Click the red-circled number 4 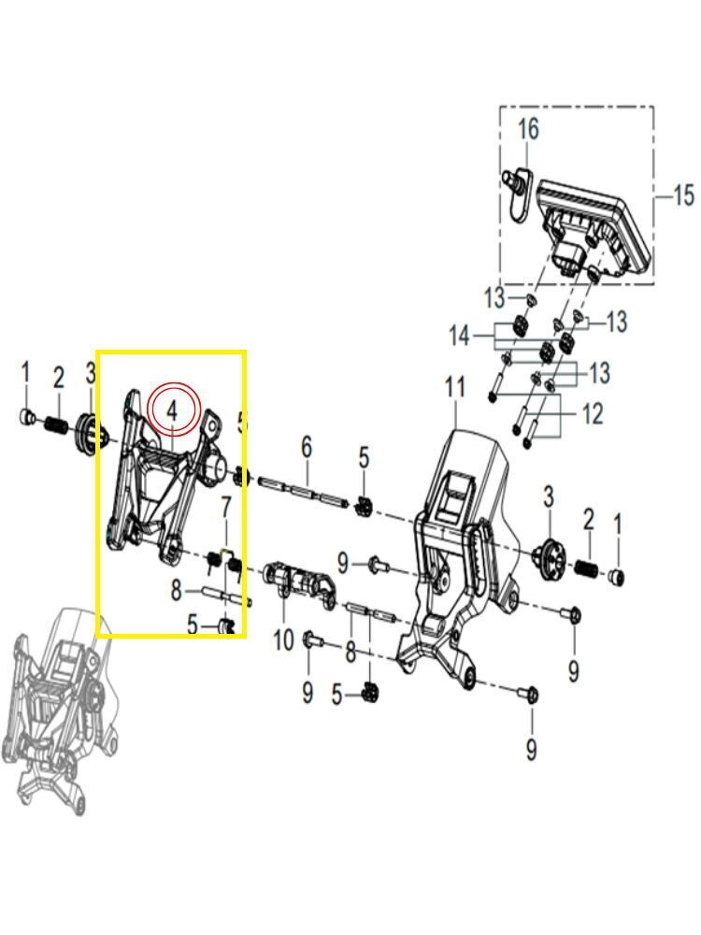click(x=173, y=410)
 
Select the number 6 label click(x=306, y=448)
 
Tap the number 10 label click(x=283, y=640)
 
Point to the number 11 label click(x=455, y=387)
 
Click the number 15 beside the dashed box click(x=683, y=195)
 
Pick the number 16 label click(x=528, y=128)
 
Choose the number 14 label click(x=459, y=336)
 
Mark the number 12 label click(x=593, y=413)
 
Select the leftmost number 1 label click(x=26, y=372)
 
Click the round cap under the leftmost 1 click(x=27, y=416)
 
